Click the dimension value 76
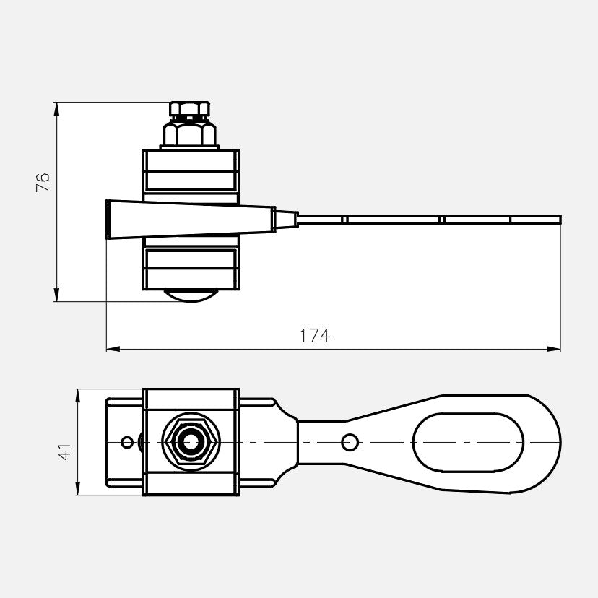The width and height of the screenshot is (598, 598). tap(43, 182)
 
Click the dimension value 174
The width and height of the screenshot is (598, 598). tap(315, 336)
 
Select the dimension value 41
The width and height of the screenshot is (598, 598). tap(64, 451)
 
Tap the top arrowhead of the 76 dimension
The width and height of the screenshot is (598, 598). tap(57, 109)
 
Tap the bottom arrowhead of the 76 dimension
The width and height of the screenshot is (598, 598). tap(57, 295)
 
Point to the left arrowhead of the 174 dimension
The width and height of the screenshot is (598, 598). tap(113, 349)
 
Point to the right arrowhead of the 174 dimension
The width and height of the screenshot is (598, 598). tap(554, 349)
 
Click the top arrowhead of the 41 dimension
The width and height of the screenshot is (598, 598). tap(78, 396)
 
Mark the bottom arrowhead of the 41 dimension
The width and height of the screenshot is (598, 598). tap(78, 488)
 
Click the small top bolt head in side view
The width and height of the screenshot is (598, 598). tap(189, 109)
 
